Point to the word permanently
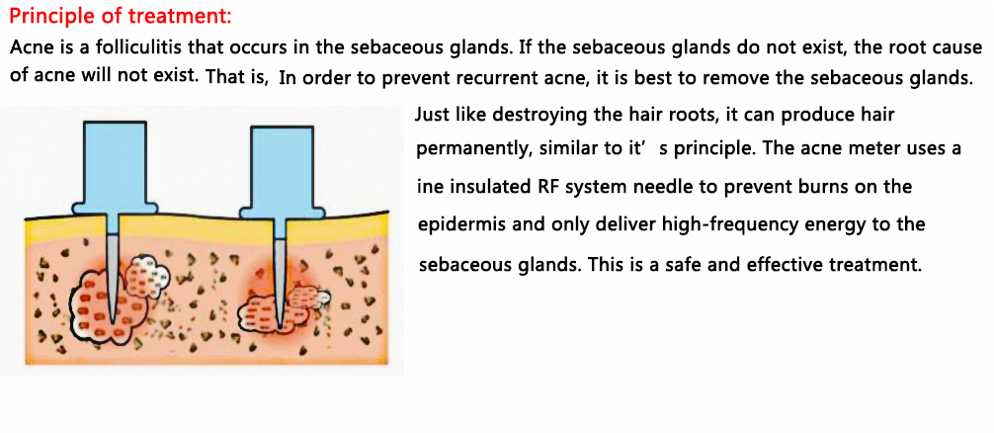(464, 151)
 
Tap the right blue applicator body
(281, 174)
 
